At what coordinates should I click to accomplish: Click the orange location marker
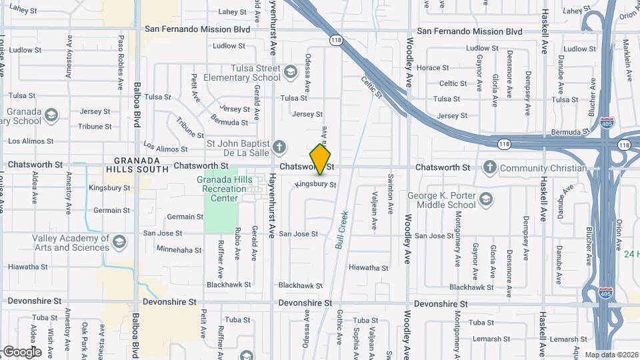pyautogui.click(x=320, y=159)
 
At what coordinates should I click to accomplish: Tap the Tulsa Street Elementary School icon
pyautogui.click(x=290, y=71)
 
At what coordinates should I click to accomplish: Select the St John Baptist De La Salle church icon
pyautogui.click(x=280, y=146)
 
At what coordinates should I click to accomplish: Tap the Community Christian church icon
pyautogui.click(x=490, y=167)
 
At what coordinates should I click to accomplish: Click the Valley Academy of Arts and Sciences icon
pyautogui.click(x=119, y=241)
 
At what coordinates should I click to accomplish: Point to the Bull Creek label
pyautogui.click(x=342, y=231)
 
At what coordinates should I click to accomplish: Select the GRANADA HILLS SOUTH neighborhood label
pyautogui.click(x=137, y=165)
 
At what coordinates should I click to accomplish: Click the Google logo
pyautogui.click(x=22, y=351)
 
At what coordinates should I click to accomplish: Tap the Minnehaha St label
pyautogui.click(x=179, y=249)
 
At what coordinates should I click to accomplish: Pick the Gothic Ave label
pyautogui.click(x=340, y=327)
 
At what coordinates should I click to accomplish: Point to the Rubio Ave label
pyautogui.click(x=237, y=244)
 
